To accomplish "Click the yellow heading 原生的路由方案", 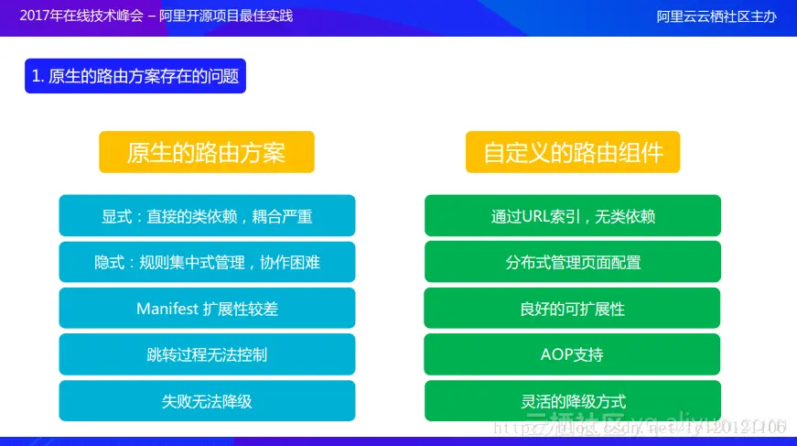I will (x=206, y=152).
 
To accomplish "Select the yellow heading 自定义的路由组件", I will (x=573, y=152).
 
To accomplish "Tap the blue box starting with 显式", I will (x=207, y=216).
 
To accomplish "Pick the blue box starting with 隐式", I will (x=207, y=262).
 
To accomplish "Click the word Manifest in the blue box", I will (x=167, y=309).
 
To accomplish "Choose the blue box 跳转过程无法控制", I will (x=207, y=354).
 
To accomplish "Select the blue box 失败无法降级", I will (x=207, y=400).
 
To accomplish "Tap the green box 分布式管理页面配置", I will (x=573, y=262).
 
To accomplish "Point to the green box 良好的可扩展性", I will (x=572, y=309).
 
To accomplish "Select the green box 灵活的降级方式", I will (x=573, y=400).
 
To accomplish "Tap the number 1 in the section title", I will (x=36, y=77).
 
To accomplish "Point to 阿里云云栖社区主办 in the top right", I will (x=716, y=16).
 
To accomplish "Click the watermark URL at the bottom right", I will (x=641, y=427).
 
